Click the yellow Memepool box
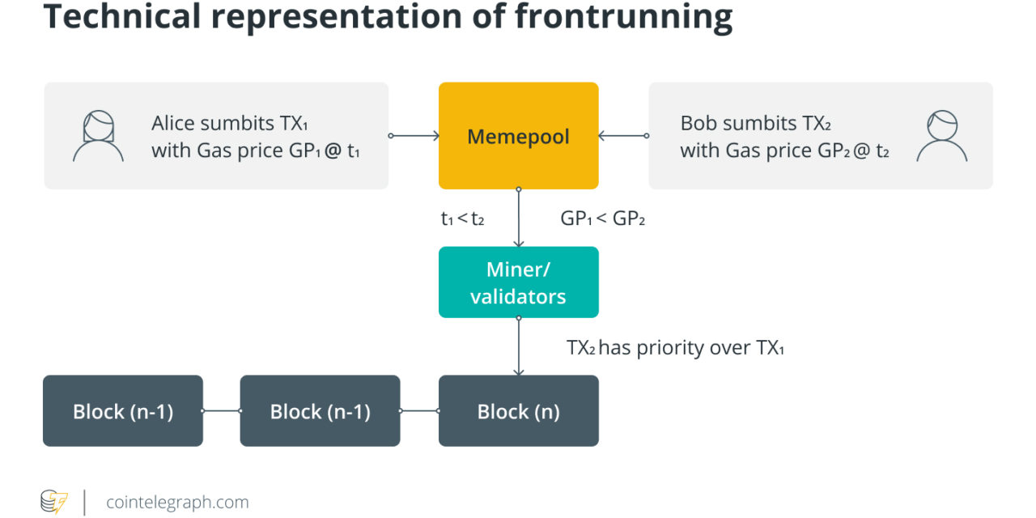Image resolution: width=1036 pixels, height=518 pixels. pyautogui.click(x=518, y=136)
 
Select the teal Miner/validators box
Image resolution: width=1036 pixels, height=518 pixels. pyautogui.click(x=518, y=282)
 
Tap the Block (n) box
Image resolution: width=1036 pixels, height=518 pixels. pyautogui.click(x=518, y=411)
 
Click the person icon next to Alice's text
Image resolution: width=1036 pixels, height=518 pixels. pyautogui.click(x=98, y=136)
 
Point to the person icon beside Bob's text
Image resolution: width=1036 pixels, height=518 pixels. pyautogui.click(x=941, y=136)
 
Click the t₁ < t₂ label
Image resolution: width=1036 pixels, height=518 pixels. pyautogui.click(x=462, y=219)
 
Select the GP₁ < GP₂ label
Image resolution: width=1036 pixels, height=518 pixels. pyautogui.click(x=602, y=219)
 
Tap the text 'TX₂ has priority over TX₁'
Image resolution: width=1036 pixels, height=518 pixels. pyautogui.click(x=675, y=348)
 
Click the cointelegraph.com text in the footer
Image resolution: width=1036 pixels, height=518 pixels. pyautogui.click(x=177, y=503)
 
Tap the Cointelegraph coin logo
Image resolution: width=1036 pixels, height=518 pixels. pyautogui.click(x=54, y=502)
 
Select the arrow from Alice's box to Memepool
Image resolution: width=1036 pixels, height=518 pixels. pyautogui.click(x=414, y=136)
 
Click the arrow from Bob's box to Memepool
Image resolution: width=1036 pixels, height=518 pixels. pyautogui.click(x=623, y=136)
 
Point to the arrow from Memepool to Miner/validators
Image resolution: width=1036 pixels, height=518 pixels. pyautogui.click(x=518, y=219)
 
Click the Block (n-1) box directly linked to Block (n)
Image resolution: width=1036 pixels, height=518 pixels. pyautogui.click(x=320, y=411)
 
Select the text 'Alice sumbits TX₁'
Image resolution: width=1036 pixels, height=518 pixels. pyautogui.click(x=229, y=124)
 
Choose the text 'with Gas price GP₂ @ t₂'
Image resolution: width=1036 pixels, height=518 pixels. pyautogui.click(x=784, y=151)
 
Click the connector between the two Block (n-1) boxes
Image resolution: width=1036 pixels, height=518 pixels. pyautogui.click(x=221, y=411)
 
